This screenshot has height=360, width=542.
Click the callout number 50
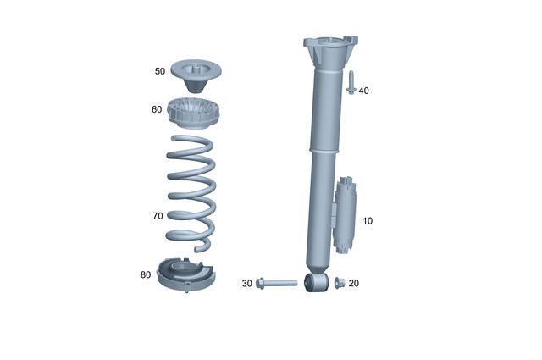[160, 72]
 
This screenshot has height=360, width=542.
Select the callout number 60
[157, 109]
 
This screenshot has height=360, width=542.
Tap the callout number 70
[158, 216]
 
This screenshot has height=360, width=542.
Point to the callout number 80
[146, 274]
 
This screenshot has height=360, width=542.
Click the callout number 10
[367, 221]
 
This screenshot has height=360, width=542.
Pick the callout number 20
[353, 283]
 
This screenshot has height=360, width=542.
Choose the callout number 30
[247, 283]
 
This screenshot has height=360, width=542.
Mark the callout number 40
[363, 90]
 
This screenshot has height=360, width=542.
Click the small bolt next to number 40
[350, 83]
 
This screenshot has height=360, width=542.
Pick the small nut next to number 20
[338, 282]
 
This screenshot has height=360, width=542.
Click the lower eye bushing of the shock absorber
[315, 281]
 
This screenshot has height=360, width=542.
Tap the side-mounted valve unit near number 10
[347, 215]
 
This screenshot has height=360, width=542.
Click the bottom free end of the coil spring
[203, 246]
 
